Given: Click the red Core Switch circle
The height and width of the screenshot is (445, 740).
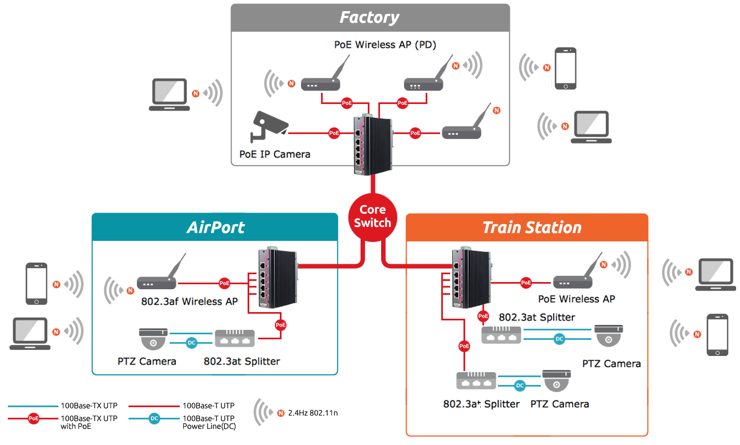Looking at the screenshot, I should coord(372,216).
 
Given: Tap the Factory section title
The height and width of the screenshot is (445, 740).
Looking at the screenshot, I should coord(369,17).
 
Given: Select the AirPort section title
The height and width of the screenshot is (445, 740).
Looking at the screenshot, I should coord(215,227).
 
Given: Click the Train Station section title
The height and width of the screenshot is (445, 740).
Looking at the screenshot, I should coord(531,228).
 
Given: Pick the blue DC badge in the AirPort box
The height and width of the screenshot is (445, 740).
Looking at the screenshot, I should coord(191,343).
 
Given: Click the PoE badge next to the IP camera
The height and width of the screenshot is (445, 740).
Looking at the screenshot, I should coord(334,133).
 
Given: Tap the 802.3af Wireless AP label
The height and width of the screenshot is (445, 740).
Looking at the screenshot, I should coord(189,301).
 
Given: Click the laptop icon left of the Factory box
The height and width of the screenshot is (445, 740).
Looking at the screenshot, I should coord(169,93).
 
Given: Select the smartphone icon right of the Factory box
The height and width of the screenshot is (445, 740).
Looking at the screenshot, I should coord(565,68).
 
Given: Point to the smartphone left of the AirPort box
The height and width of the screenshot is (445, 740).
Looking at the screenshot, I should coord(37,284).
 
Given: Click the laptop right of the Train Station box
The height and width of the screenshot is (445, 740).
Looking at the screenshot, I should coord(716,274).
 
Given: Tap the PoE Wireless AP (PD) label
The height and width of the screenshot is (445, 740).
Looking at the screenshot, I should coord(385,44).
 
